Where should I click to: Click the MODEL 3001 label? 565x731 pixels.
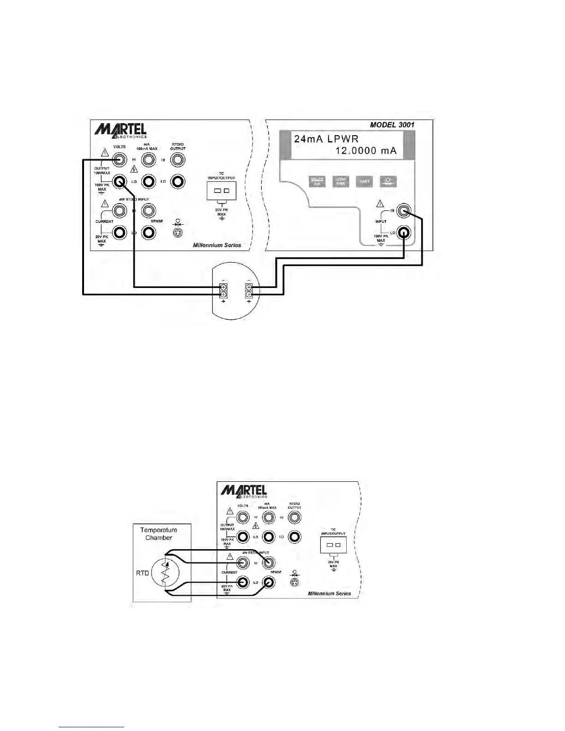pos(392,125)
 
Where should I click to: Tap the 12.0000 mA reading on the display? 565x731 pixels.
pos(366,151)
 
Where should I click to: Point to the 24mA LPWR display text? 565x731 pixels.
pos(326,138)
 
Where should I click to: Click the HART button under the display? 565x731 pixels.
pos(365,182)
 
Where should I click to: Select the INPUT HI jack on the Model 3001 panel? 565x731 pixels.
pos(403,211)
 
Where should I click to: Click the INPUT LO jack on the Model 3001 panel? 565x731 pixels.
pos(403,233)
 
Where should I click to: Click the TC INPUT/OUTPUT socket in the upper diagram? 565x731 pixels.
pos(222,191)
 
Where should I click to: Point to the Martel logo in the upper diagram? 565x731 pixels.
pos(120,130)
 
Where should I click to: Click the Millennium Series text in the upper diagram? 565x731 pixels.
pos(216,245)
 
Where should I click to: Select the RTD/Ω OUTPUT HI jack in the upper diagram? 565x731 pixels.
pos(177,160)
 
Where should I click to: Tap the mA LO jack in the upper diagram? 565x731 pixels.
pos(148,182)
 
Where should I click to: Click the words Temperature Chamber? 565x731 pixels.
pos(158,533)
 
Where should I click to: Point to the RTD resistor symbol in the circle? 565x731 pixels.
pos(165,573)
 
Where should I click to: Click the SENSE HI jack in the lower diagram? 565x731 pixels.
pos(269,563)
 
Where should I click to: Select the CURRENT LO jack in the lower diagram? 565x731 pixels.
pos(243,582)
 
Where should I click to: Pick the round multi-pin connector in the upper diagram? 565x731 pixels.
pos(177,233)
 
